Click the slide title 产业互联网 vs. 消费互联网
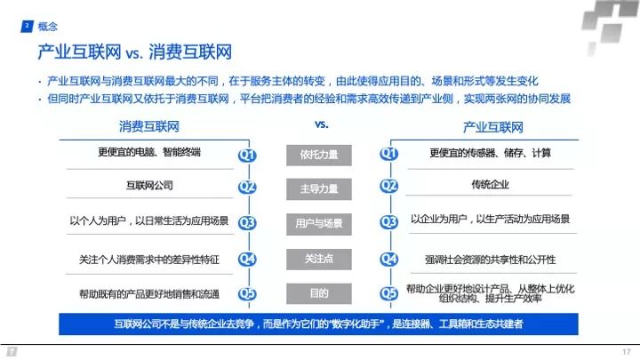click(x=134, y=50)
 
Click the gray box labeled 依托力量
click(x=318, y=155)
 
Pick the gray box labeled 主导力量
click(x=318, y=188)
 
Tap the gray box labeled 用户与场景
click(x=318, y=223)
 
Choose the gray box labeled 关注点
click(x=318, y=258)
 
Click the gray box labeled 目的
click(x=318, y=293)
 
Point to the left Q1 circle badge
click(x=247, y=156)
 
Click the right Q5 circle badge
click(x=389, y=293)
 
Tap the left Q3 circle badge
click(x=247, y=223)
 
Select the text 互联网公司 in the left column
click(x=149, y=186)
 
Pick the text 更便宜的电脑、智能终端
click(x=148, y=152)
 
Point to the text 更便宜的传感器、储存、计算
click(x=490, y=152)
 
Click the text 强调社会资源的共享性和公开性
click(x=490, y=259)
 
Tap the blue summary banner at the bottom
click(x=319, y=324)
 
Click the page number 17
click(x=625, y=350)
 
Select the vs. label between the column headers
click(x=322, y=124)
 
